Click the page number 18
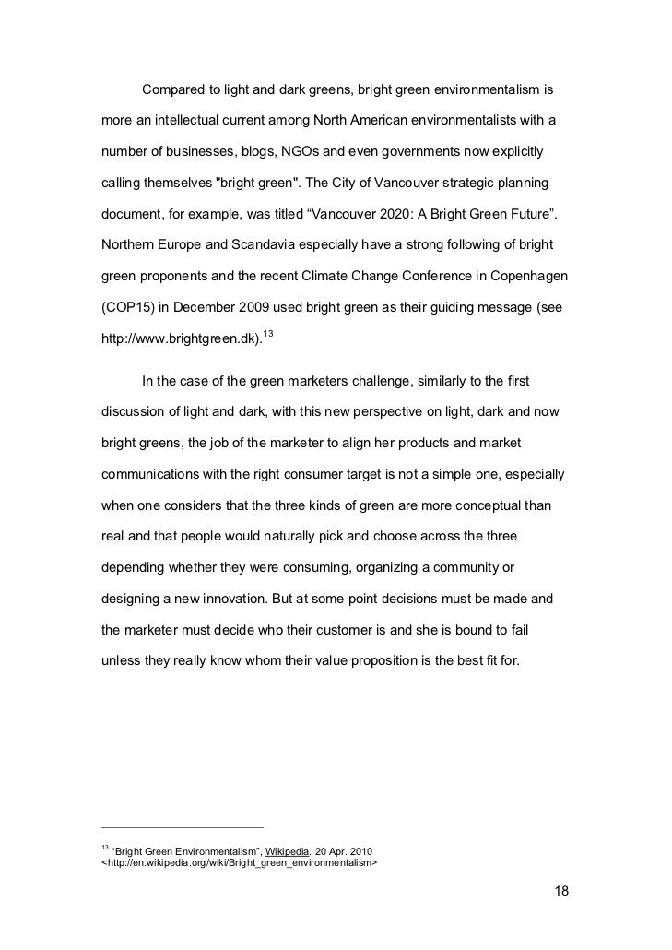(x=561, y=892)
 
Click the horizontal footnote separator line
(x=182, y=826)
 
